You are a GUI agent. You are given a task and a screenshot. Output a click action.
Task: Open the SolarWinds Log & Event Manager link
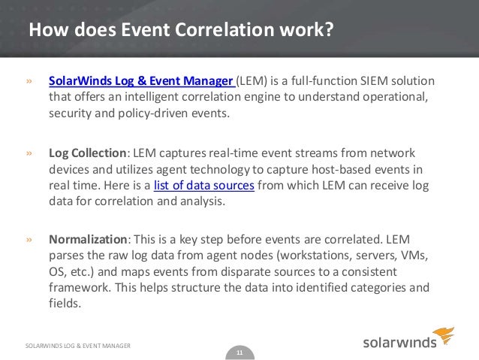pos(142,81)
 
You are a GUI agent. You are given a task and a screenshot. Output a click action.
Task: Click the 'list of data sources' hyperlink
pos(203,186)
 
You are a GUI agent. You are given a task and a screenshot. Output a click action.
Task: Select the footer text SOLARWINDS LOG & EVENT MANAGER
pos(78,345)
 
